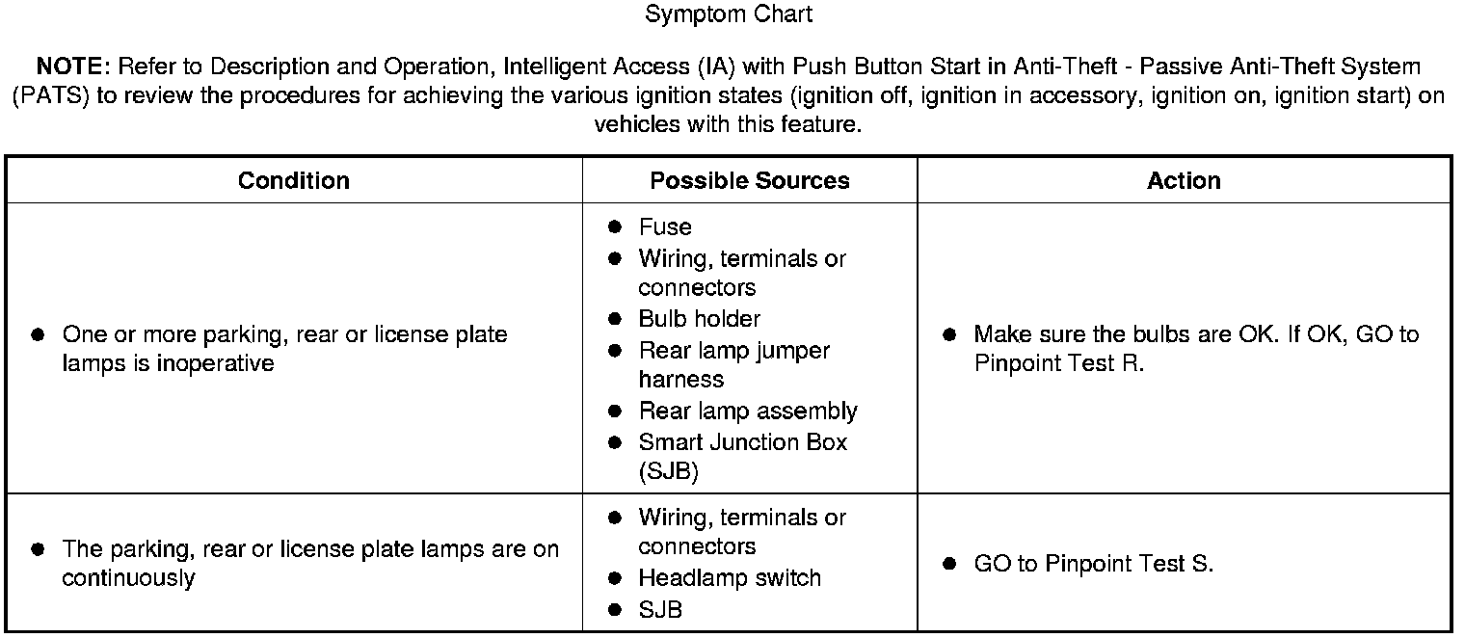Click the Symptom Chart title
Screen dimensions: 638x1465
point(729,14)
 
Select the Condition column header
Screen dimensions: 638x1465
point(294,181)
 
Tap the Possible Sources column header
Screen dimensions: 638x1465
point(750,181)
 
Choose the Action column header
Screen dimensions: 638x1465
point(1184,181)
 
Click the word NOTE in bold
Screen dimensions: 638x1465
point(73,66)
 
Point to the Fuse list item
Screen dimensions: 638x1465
point(665,227)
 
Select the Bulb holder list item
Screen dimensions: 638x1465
point(699,319)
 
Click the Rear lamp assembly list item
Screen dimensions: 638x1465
point(747,412)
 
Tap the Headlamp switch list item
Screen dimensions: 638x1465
point(730,578)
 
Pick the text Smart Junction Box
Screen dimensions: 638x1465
point(742,442)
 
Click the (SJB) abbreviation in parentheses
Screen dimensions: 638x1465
point(668,472)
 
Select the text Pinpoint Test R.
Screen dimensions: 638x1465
point(1058,364)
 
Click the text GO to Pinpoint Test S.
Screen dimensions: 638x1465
point(1093,564)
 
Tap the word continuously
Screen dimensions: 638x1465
point(128,578)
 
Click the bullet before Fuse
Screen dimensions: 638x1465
point(615,227)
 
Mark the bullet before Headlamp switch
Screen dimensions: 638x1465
point(615,578)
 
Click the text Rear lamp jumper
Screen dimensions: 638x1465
point(733,351)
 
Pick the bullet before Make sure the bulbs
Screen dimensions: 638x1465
point(949,334)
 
